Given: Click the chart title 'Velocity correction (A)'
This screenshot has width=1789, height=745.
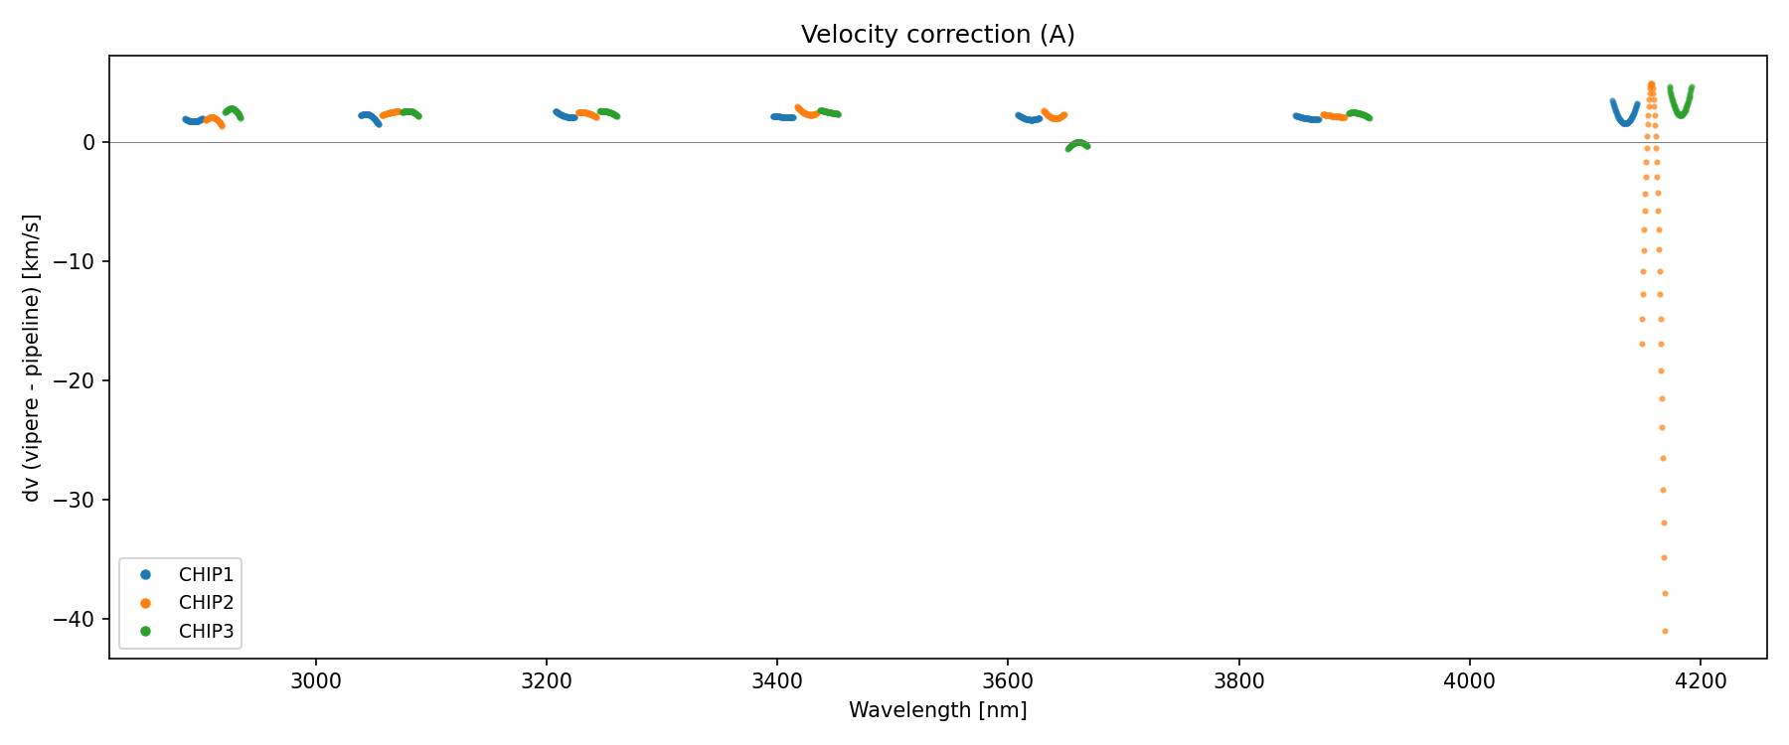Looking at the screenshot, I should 937,35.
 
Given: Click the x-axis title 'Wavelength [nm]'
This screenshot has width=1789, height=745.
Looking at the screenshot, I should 937,710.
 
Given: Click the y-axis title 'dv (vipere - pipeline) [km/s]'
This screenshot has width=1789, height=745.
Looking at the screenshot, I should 32,358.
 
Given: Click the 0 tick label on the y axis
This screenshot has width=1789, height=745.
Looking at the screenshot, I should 89,143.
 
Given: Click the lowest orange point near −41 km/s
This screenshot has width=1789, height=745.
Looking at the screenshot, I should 1665,631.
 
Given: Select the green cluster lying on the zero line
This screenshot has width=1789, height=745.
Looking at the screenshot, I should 1077,145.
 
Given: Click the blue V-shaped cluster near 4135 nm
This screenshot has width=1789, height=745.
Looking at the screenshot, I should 1625,115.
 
